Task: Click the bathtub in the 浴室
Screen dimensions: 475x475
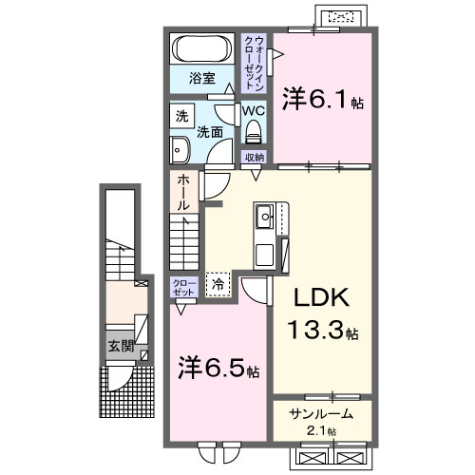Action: [201, 49]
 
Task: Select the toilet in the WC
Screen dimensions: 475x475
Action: [253, 131]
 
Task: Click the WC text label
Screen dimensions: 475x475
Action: [253, 110]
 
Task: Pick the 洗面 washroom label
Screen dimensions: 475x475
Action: [210, 132]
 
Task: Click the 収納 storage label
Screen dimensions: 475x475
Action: [254, 157]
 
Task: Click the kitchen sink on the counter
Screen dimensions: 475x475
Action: [263, 220]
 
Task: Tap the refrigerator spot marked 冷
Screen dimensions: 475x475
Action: [218, 283]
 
